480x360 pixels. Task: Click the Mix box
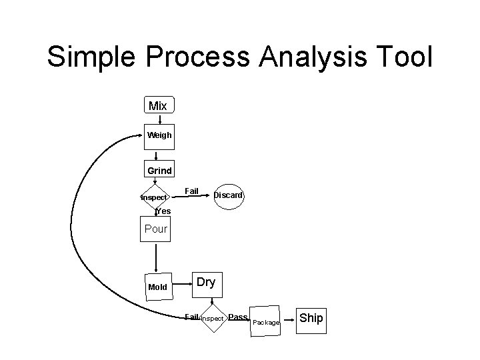pyautogui.click(x=158, y=106)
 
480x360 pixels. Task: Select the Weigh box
pyautogui.click(x=159, y=135)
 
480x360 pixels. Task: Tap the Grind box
pyautogui.click(x=159, y=170)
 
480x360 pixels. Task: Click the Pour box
pyautogui.click(x=156, y=229)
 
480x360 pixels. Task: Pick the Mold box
pyautogui.click(x=158, y=287)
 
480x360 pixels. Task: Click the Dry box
pyautogui.click(x=206, y=282)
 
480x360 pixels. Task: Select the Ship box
pyautogui.click(x=311, y=318)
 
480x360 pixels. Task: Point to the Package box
pyautogui.click(x=266, y=323)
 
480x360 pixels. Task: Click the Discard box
pyautogui.click(x=229, y=195)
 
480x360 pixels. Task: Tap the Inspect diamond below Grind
pyautogui.click(x=154, y=197)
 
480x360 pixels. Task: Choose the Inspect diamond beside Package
pyautogui.click(x=213, y=319)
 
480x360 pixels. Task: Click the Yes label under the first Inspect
pyautogui.click(x=163, y=211)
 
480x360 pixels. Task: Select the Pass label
pyautogui.click(x=237, y=317)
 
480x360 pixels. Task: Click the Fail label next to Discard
pyautogui.click(x=191, y=191)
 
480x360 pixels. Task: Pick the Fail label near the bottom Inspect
pyautogui.click(x=192, y=317)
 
